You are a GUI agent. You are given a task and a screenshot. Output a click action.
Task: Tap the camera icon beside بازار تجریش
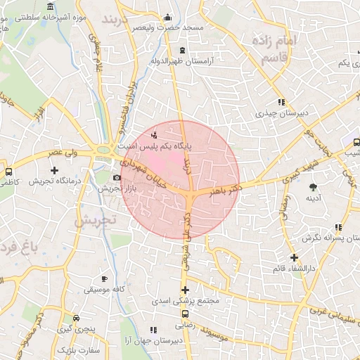pos(117,177)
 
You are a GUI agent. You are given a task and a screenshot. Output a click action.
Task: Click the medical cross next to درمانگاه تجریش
pos(55,170)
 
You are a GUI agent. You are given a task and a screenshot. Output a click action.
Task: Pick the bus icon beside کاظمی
pos(8,171)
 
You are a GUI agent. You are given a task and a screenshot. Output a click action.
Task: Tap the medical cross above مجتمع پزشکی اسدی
pos(185,290)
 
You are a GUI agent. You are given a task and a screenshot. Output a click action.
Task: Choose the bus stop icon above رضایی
pos(185,314)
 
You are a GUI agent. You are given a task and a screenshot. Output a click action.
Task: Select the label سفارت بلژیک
pos(79,349)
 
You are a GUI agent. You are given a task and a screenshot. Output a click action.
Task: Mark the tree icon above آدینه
pos(312,186)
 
